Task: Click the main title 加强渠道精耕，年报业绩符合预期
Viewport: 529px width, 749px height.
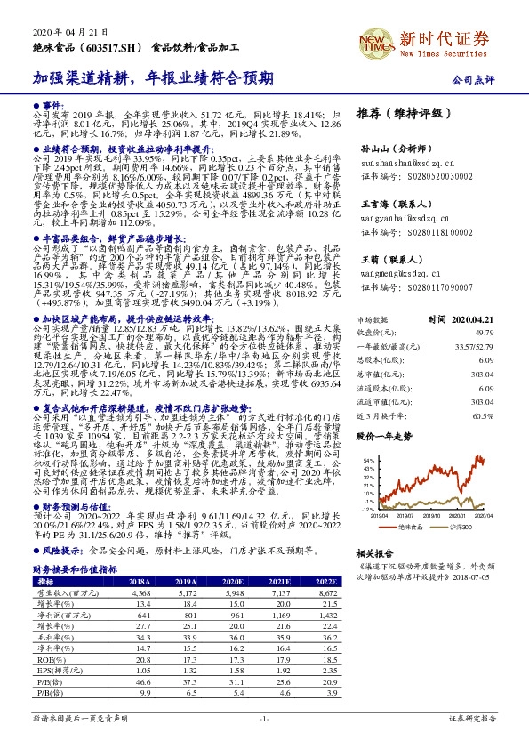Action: (x=153, y=78)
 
